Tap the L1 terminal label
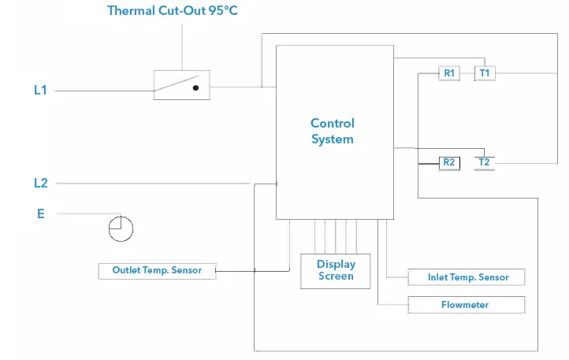pyautogui.click(x=40, y=91)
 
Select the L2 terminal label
pyautogui.click(x=40, y=184)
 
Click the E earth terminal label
pyautogui.click(x=40, y=213)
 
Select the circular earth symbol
pyautogui.click(x=121, y=228)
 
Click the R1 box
pyautogui.click(x=449, y=73)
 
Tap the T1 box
pyautogui.click(x=484, y=73)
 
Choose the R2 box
pyautogui.click(x=449, y=162)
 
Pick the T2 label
pyautogui.click(x=484, y=162)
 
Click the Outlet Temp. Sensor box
pyautogui.click(x=157, y=270)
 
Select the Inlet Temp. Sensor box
pyautogui.click(x=467, y=277)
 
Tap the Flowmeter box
pyautogui.click(x=465, y=305)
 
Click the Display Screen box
pyautogui.click(x=337, y=270)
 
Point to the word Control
pyautogui.click(x=333, y=123)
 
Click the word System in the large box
pyautogui.click(x=333, y=139)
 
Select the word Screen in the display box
pyautogui.click(x=337, y=276)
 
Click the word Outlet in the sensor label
pyautogui.click(x=127, y=270)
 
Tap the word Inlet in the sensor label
pyautogui.click(x=438, y=277)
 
